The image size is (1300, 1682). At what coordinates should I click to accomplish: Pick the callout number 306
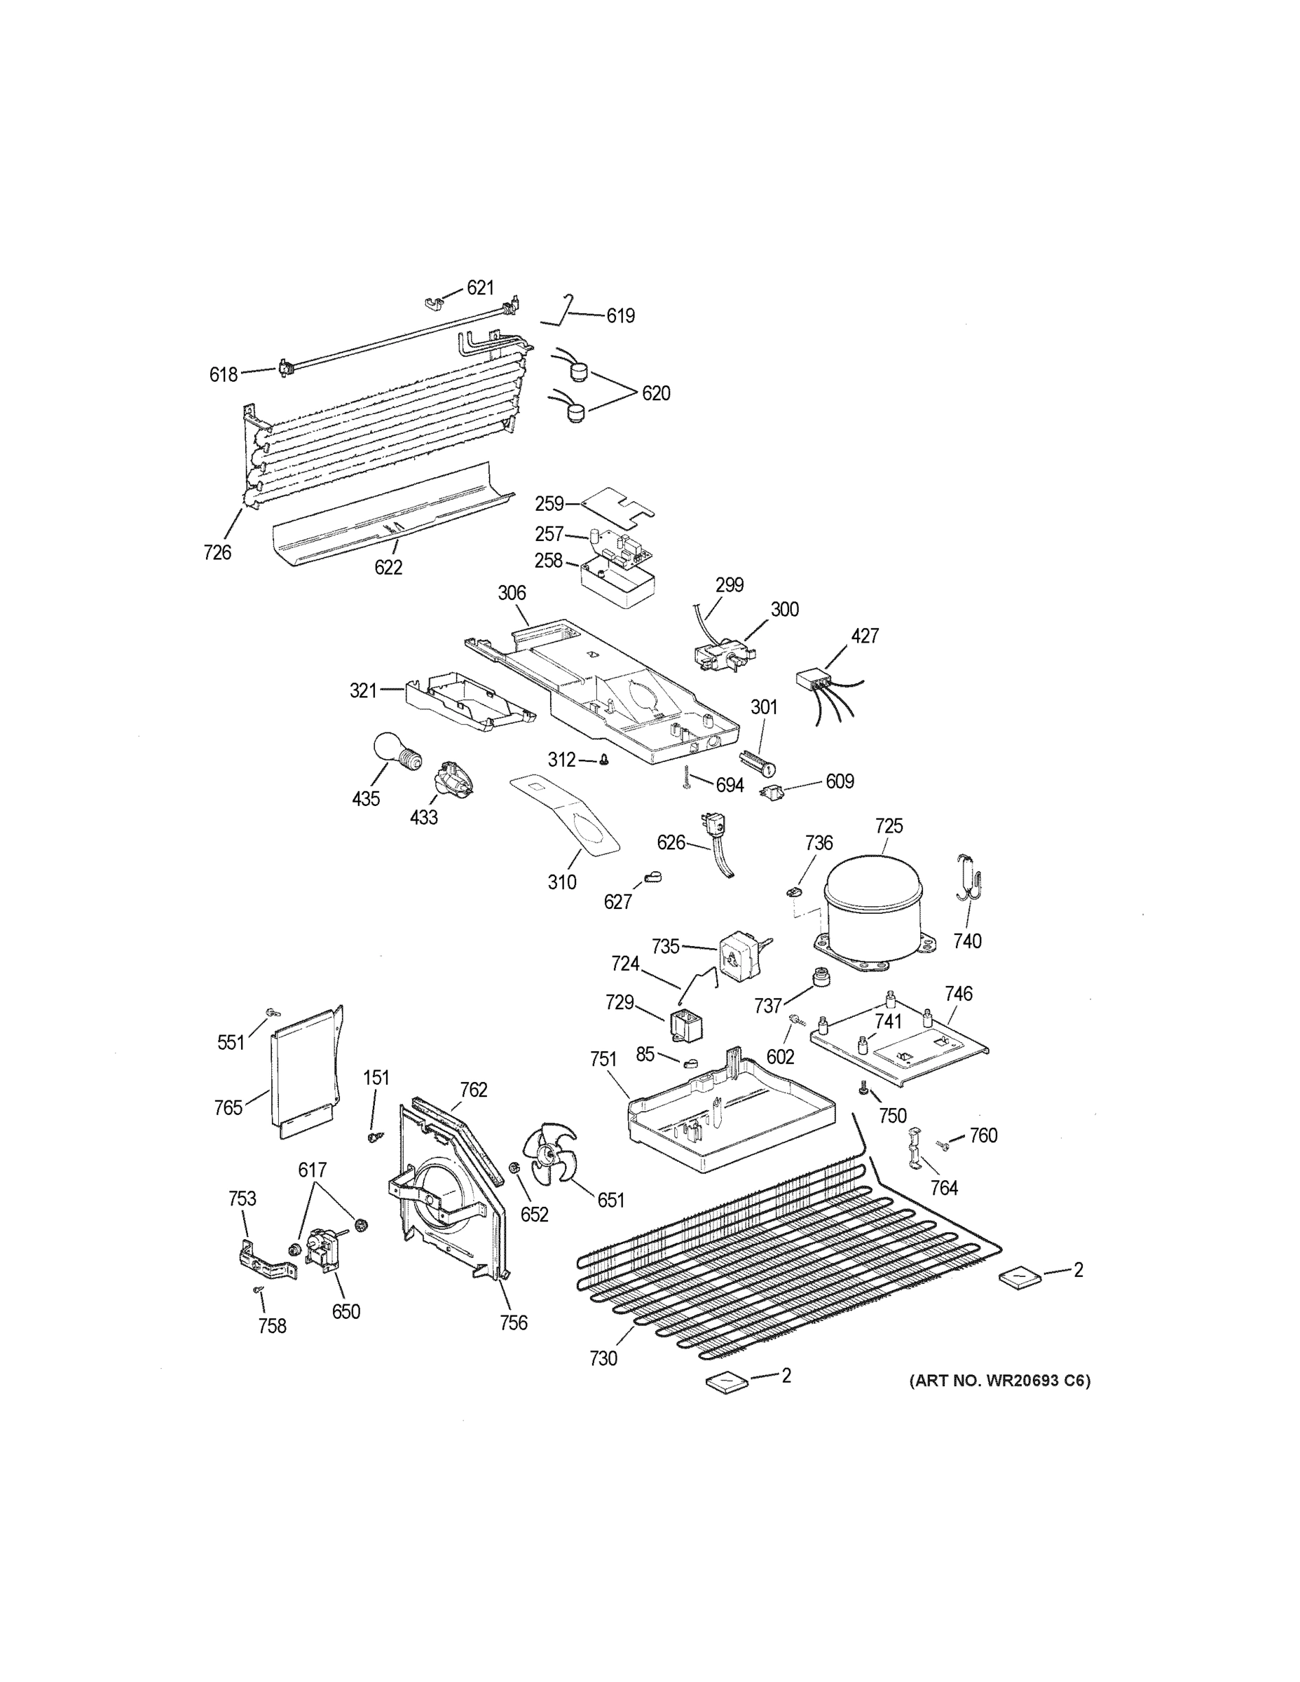[x=512, y=592]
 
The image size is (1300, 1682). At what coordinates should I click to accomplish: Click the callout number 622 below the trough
[x=388, y=568]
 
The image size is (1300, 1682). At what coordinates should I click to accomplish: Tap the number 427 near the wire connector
[x=865, y=636]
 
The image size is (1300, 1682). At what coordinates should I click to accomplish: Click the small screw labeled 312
[x=604, y=761]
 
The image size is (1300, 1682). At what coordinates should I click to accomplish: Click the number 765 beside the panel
[x=228, y=1107]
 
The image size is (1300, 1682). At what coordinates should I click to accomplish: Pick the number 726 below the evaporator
[x=217, y=552]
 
